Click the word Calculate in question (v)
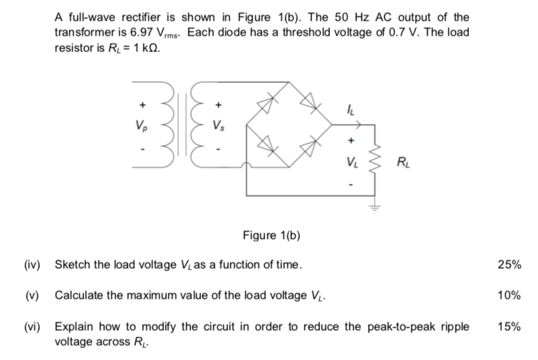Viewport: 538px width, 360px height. (79, 295)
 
